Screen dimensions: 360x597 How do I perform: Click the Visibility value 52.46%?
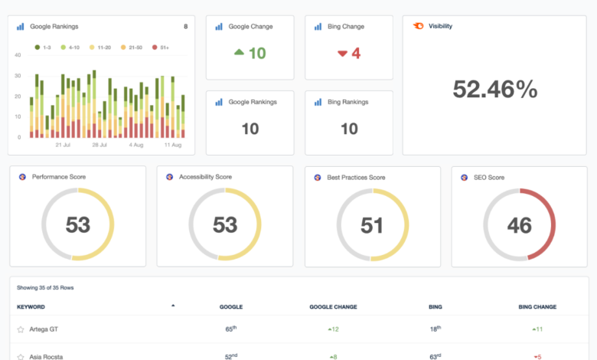(495, 90)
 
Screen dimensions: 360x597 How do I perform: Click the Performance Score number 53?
(78, 224)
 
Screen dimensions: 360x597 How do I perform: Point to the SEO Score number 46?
(519, 224)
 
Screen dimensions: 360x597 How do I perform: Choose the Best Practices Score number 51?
(372, 224)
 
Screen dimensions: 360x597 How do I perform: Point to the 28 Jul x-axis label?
(100, 144)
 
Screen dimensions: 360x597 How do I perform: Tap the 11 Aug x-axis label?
(173, 144)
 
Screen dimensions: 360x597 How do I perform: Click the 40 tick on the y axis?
(18, 55)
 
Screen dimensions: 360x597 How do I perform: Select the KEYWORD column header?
(31, 306)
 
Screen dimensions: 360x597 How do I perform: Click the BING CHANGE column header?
(537, 306)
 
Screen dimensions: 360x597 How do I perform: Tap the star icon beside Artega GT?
(21, 329)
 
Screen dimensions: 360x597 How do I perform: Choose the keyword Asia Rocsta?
(47, 356)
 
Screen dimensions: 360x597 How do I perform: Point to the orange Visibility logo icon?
(417, 26)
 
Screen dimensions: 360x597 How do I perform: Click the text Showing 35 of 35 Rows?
(46, 288)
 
